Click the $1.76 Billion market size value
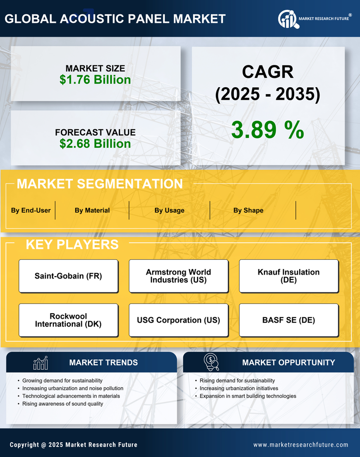tap(95, 80)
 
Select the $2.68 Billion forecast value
tap(95, 144)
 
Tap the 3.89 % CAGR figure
tap(267, 130)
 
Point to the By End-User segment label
tap(31, 210)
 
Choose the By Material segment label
tap(92, 210)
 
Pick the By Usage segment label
tap(169, 210)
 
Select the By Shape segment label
tap(248, 210)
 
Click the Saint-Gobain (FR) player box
tap(68, 276)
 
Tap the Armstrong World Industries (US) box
tap(178, 276)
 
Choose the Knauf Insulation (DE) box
tap(289, 276)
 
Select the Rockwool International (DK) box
tap(68, 320)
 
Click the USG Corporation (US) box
tap(178, 320)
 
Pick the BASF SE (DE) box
tap(289, 320)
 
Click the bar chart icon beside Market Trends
tap(41, 363)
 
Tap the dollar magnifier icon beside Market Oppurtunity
tap(211, 362)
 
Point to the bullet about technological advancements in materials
tap(71, 396)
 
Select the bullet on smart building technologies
tap(248, 396)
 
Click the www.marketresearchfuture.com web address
tap(301, 445)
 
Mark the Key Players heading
tap(72, 244)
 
